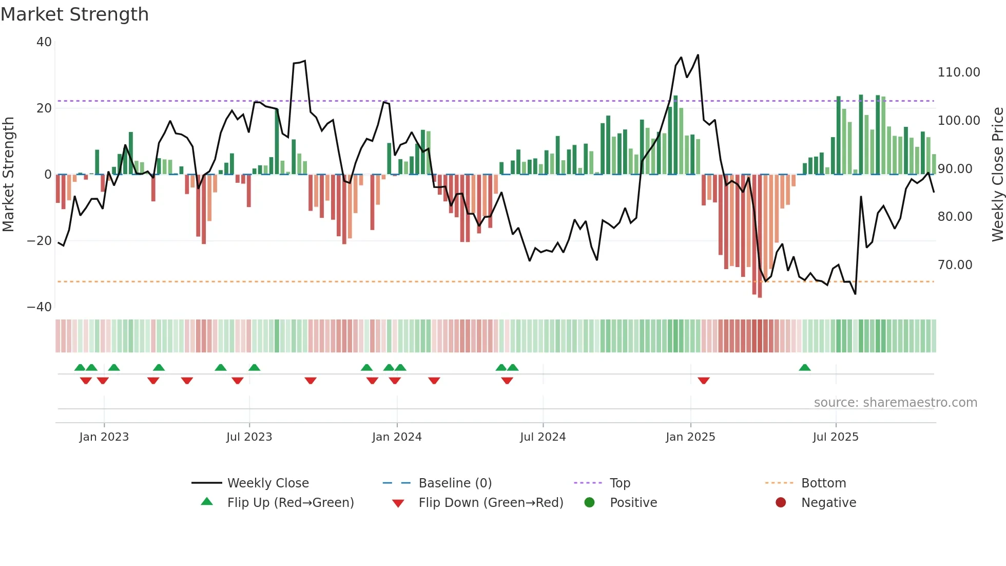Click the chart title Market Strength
tap(74, 14)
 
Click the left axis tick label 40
tap(44, 42)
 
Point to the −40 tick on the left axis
tap(40, 307)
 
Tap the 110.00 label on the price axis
tap(958, 72)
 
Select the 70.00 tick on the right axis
tap(955, 265)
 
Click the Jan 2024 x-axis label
tap(396, 437)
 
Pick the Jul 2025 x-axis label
tap(835, 437)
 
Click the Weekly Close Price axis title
tap(997, 175)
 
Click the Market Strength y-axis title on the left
tap(9, 175)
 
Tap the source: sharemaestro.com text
tap(895, 403)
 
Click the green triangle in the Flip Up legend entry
tap(207, 502)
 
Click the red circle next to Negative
tap(781, 502)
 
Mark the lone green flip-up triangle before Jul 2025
tap(804, 368)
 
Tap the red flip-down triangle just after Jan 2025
tap(703, 381)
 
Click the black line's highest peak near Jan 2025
tap(698, 55)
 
